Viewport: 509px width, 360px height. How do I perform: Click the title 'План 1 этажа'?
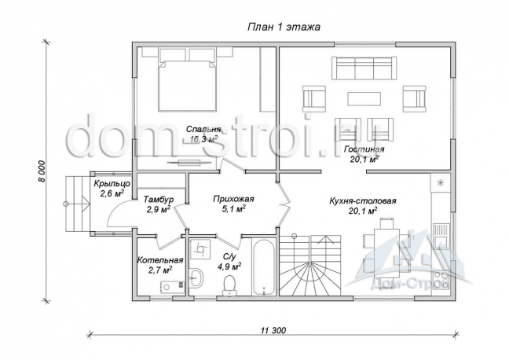[x=284, y=27]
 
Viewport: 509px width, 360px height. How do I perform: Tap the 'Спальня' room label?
[x=203, y=130]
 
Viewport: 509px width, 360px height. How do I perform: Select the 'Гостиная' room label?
[x=364, y=149]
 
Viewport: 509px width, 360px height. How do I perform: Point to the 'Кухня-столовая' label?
[x=363, y=200]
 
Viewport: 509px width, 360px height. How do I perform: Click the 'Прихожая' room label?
[x=233, y=199]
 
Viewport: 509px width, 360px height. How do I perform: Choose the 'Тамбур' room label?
[x=159, y=199]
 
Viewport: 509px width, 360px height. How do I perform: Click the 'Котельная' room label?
[x=160, y=260]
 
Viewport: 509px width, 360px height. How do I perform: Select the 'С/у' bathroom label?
[x=229, y=256]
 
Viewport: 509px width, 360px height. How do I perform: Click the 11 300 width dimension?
[x=273, y=330]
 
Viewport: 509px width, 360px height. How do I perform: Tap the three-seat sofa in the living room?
[x=364, y=68]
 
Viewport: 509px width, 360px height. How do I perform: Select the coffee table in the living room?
[x=364, y=99]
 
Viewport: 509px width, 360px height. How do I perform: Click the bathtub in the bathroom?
[x=263, y=266]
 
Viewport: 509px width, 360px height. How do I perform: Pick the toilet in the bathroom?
[x=229, y=285]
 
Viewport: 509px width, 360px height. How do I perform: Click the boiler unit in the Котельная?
[x=172, y=286]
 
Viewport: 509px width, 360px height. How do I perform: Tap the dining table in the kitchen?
[x=386, y=255]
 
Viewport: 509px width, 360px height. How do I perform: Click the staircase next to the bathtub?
[x=310, y=265]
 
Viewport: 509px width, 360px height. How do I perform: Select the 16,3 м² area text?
[x=203, y=140]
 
